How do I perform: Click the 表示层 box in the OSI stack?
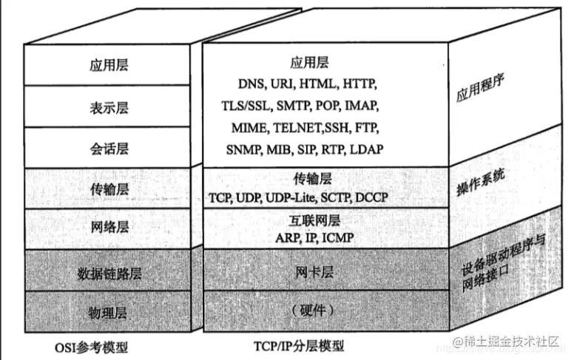click(109, 108)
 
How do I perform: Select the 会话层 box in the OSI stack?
click(109, 149)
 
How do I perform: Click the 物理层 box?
click(109, 313)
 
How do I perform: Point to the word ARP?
click(287, 237)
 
